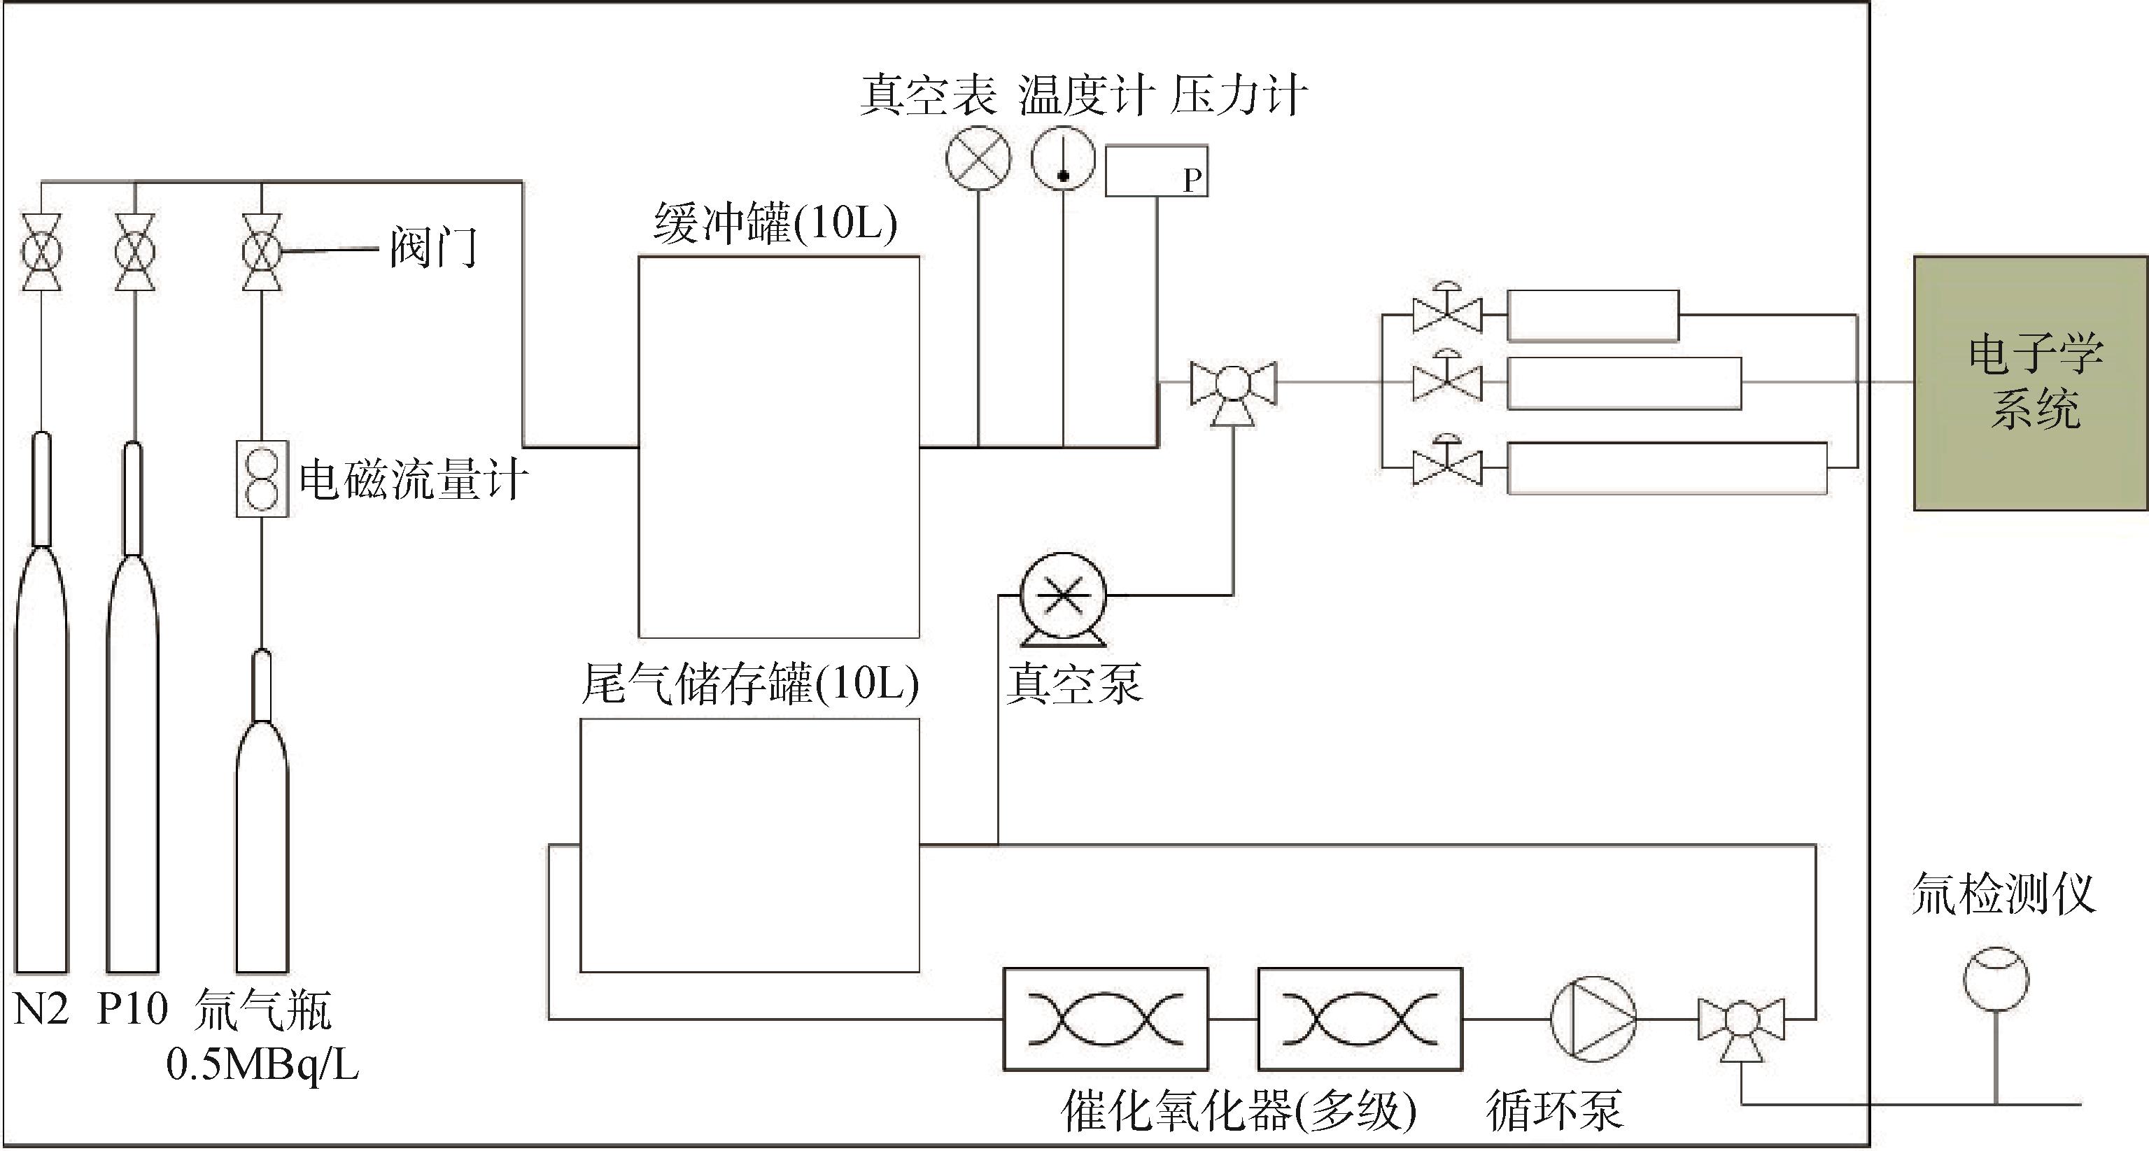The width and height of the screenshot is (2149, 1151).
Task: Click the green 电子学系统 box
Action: pyautogui.click(x=2030, y=383)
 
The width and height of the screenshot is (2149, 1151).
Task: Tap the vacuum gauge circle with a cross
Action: pyautogui.click(x=978, y=157)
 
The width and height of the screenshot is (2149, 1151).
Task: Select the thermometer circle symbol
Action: pyautogui.click(x=1064, y=157)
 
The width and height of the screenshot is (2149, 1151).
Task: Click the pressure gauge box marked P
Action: pyautogui.click(x=1156, y=171)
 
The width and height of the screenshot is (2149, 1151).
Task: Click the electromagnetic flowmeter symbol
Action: pyautogui.click(x=262, y=479)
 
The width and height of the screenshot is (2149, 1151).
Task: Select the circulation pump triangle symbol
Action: pyautogui.click(x=1593, y=1018)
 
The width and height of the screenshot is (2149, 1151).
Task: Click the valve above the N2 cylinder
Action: pyautogui.click(x=41, y=252)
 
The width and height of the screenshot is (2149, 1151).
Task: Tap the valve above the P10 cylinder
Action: pyautogui.click(x=134, y=252)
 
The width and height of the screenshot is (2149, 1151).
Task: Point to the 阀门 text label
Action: pyautogui.click(x=434, y=248)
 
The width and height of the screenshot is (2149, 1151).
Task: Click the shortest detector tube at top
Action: pyautogui.click(x=1593, y=316)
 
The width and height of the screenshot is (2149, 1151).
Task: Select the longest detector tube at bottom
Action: pyautogui.click(x=1668, y=468)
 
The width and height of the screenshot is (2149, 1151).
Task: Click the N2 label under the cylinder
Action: pyautogui.click(x=41, y=1009)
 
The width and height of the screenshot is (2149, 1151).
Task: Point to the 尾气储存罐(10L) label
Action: pyautogui.click(x=750, y=684)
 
